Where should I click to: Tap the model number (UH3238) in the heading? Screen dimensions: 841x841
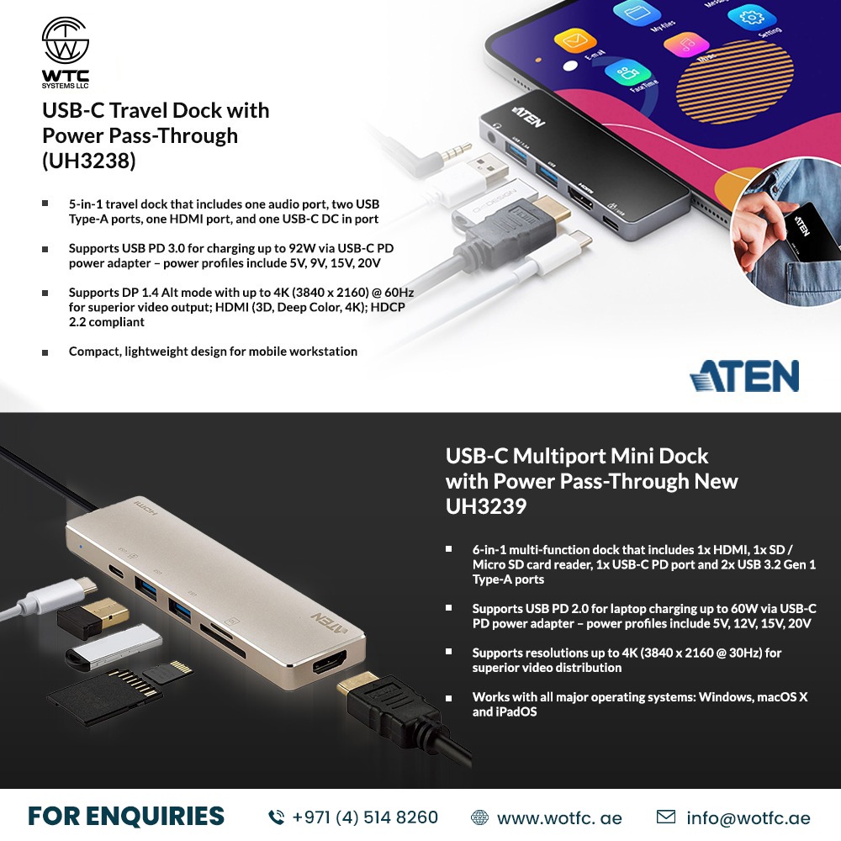[x=88, y=161]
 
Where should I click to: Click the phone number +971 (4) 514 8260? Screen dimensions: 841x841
[x=365, y=817]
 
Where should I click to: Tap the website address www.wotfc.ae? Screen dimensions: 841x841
[x=558, y=817]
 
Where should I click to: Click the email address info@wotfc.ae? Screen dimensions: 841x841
[x=748, y=817]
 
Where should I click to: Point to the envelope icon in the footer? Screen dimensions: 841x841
[x=665, y=817]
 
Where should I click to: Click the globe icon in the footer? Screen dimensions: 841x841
[x=479, y=817]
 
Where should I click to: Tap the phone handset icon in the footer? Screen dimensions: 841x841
[x=276, y=817]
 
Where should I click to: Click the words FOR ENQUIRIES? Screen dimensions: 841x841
[x=125, y=816]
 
